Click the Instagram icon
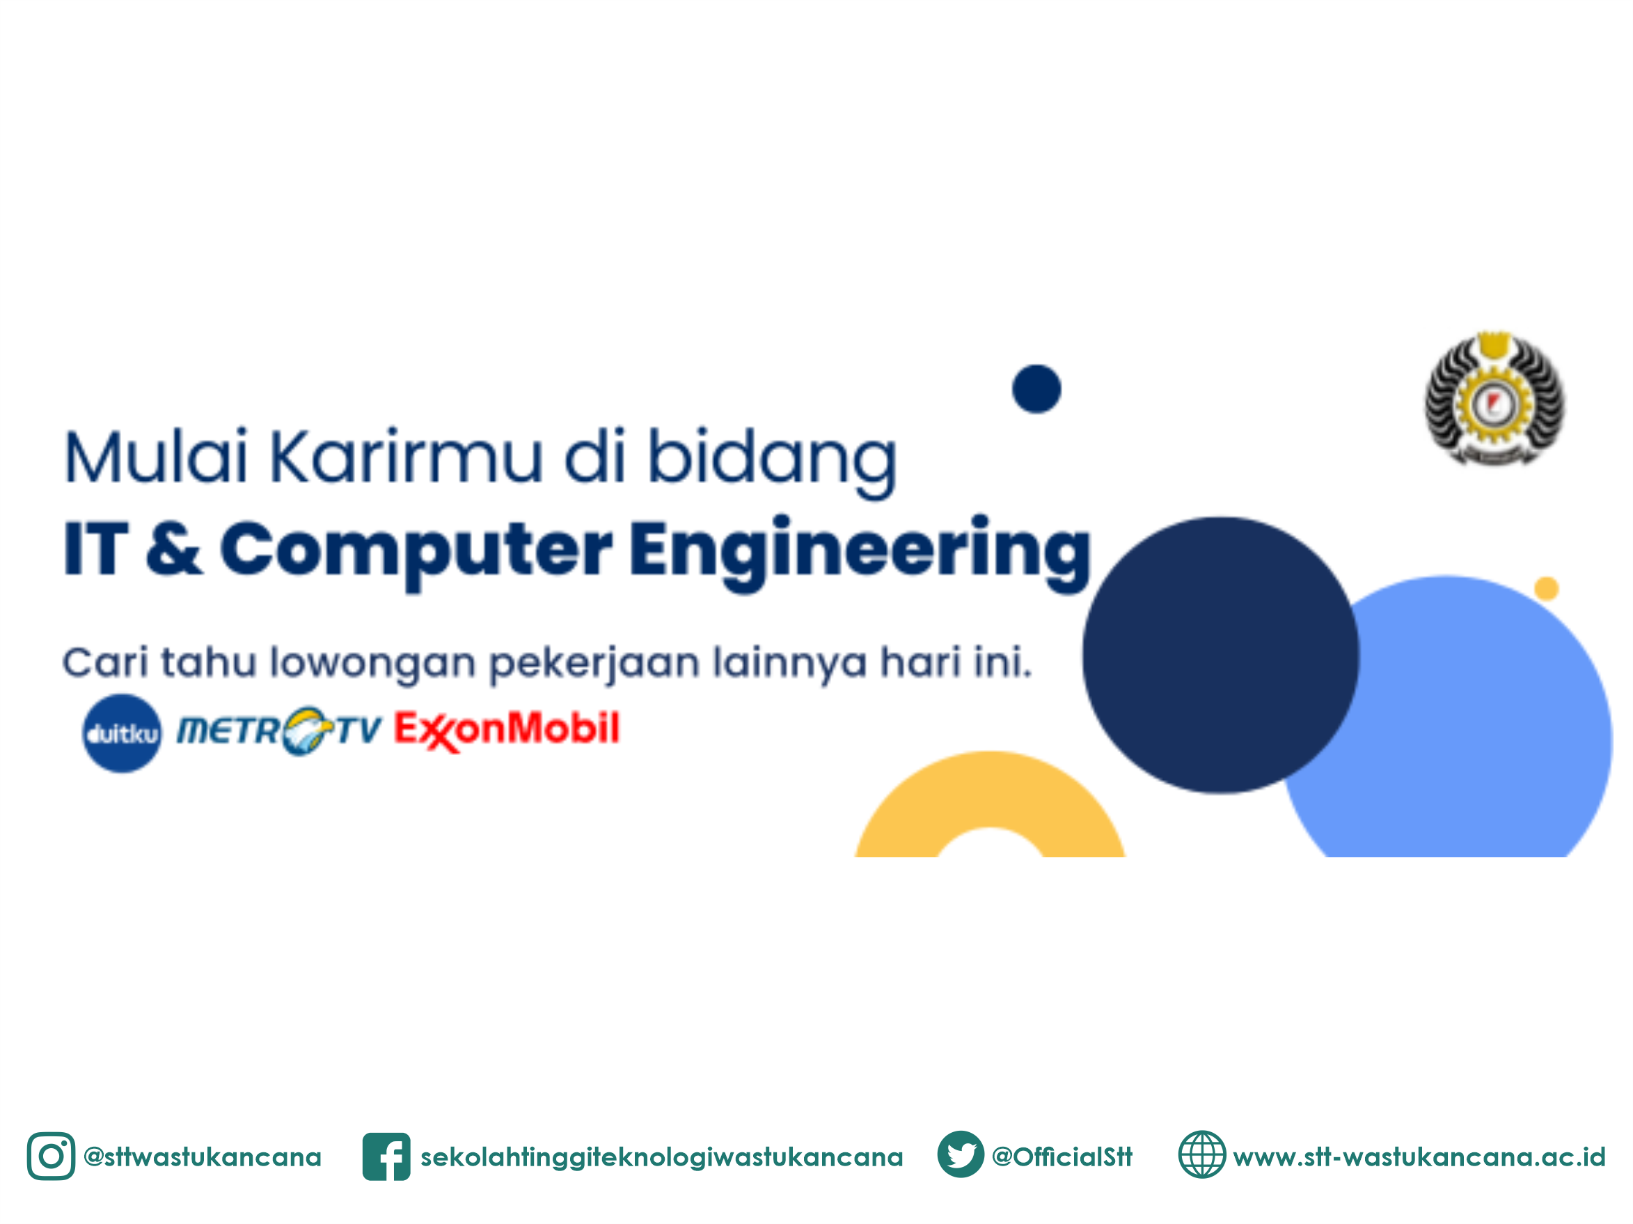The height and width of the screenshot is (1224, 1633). [51, 1156]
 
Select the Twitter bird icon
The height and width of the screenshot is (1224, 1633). [961, 1154]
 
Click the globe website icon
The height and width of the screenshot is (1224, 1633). [1202, 1154]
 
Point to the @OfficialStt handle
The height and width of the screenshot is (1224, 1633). [1062, 1156]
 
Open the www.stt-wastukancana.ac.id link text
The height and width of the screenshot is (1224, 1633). [1419, 1156]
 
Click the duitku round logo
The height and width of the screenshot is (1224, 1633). [122, 733]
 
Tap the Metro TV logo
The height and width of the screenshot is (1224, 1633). [279, 731]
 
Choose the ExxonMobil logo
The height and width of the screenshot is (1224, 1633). [507, 730]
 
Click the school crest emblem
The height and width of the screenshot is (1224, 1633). [1494, 399]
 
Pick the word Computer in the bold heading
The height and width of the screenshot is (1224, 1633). [416, 550]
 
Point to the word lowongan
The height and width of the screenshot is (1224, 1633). [373, 663]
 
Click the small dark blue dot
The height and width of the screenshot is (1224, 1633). [1036, 389]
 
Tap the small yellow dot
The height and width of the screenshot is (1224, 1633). [1547, 588]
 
